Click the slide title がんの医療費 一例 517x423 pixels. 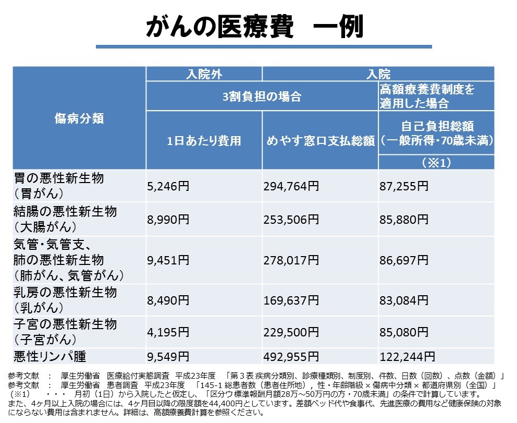255,26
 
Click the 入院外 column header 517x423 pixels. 204,74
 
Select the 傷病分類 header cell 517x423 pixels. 79,118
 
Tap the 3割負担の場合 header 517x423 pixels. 262,96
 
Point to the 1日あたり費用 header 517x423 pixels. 203,140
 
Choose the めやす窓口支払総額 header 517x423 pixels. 320,140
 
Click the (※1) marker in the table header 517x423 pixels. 436,163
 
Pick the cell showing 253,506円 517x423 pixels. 292,219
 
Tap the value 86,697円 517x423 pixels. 404,259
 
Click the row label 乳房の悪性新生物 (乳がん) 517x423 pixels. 65,300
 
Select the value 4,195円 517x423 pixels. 168,332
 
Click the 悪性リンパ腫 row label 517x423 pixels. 50,357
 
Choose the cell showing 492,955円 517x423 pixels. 292,357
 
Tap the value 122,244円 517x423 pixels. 408,357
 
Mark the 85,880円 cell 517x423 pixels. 404,219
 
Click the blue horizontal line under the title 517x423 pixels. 264,47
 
